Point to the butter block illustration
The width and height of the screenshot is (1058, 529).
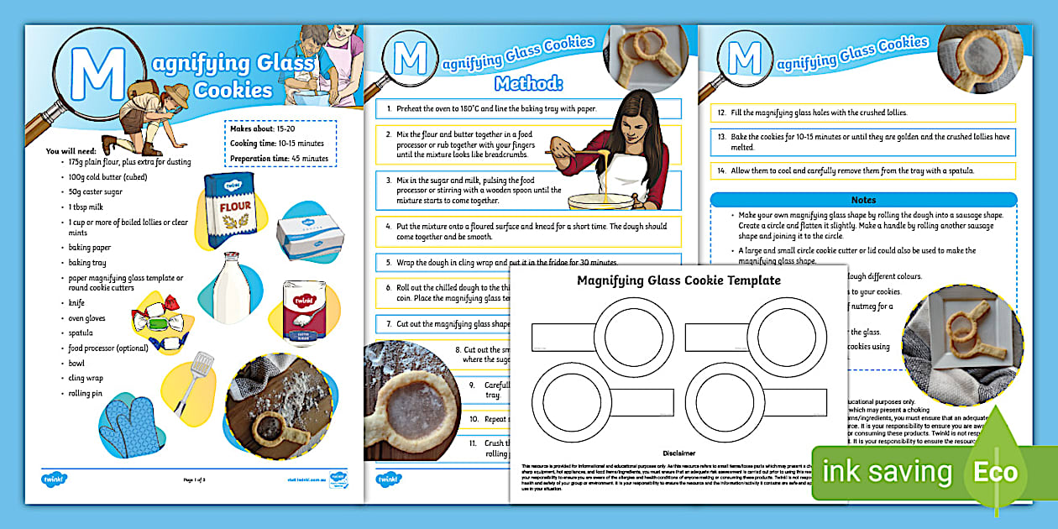pos(311,236)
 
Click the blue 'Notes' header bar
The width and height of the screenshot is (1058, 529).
pos(863,200)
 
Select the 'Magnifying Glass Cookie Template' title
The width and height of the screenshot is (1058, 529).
pos(678,280)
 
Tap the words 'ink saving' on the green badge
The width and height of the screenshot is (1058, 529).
pos(887,472)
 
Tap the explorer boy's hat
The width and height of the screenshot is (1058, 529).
pos(176,92)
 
